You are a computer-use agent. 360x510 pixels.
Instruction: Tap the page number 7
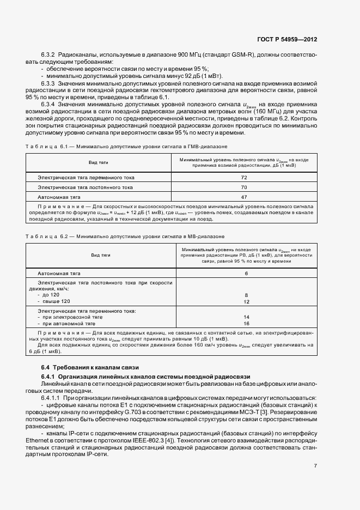[315, 465]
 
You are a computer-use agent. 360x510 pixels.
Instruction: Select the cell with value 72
[243, 178]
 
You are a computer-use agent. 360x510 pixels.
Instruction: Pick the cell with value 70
[243, 187]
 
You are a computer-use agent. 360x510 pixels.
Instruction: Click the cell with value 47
[243, 197]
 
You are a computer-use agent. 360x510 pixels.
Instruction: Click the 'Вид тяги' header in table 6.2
[100, 254]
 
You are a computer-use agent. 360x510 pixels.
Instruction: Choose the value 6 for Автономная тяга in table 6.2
[246, 273]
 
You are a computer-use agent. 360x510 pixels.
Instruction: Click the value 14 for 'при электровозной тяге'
[246, 317]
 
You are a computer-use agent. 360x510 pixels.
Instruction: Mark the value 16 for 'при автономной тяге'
[246, 323]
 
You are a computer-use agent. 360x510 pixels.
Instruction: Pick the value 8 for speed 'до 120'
[246, 295]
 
